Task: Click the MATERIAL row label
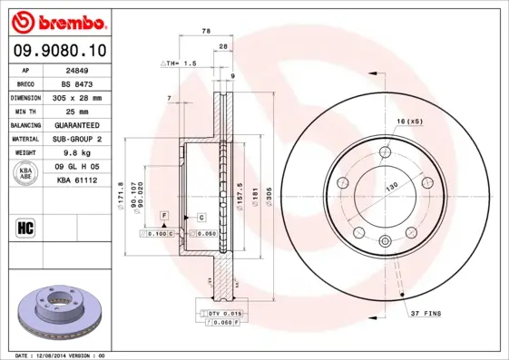26,139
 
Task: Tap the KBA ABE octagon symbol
26,174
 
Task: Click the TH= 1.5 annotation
179,64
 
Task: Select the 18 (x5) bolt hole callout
410,121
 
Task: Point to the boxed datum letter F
164,214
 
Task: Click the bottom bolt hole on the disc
385,240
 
